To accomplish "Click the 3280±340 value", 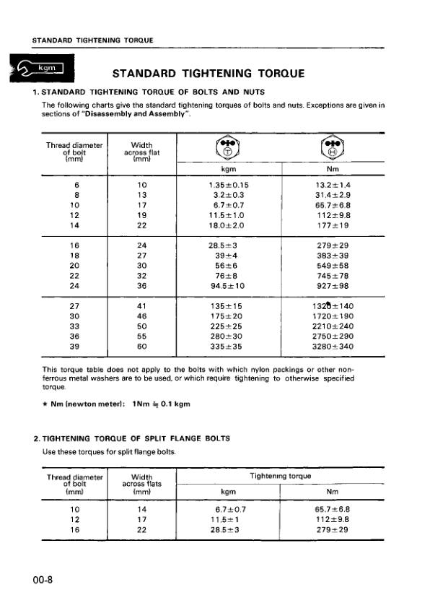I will point(333,346).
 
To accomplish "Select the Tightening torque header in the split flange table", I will point(280,476).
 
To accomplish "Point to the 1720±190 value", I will point(333,316).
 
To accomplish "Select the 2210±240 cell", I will point(333,326).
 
